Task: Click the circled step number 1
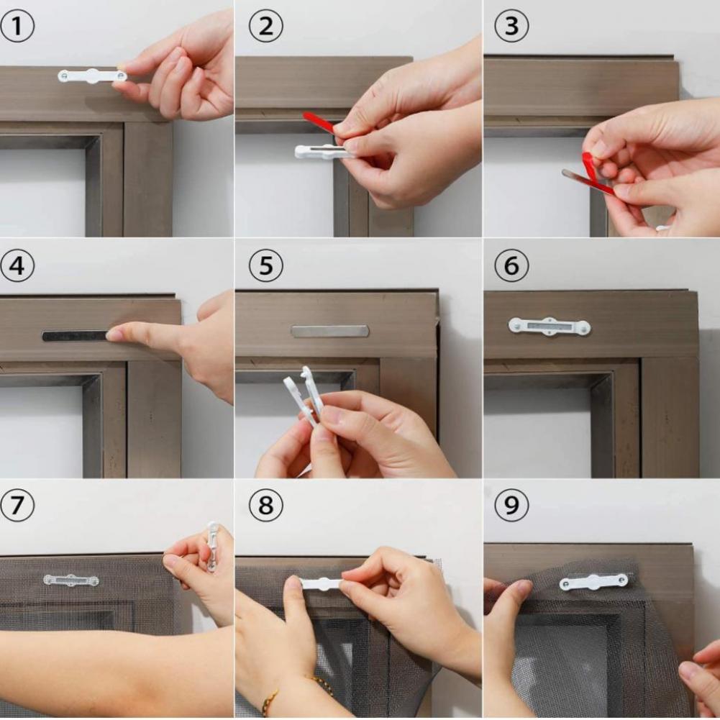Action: [17, 27]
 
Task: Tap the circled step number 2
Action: [266, 27]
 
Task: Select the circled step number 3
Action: [511, 27]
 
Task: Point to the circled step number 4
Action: [17, 267]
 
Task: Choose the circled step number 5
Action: [266, 267]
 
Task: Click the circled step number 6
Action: [511, 267]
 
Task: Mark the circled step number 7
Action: [17, 506]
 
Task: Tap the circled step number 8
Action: [266, 506]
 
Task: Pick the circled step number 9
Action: [511, 506]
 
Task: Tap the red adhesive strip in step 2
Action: [319, 122]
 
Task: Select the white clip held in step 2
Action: [319, 151]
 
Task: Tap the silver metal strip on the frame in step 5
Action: [329, 331]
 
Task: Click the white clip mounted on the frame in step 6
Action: [549, 327]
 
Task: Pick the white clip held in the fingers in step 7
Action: [211, 547]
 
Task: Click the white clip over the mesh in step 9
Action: [593, 581]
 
